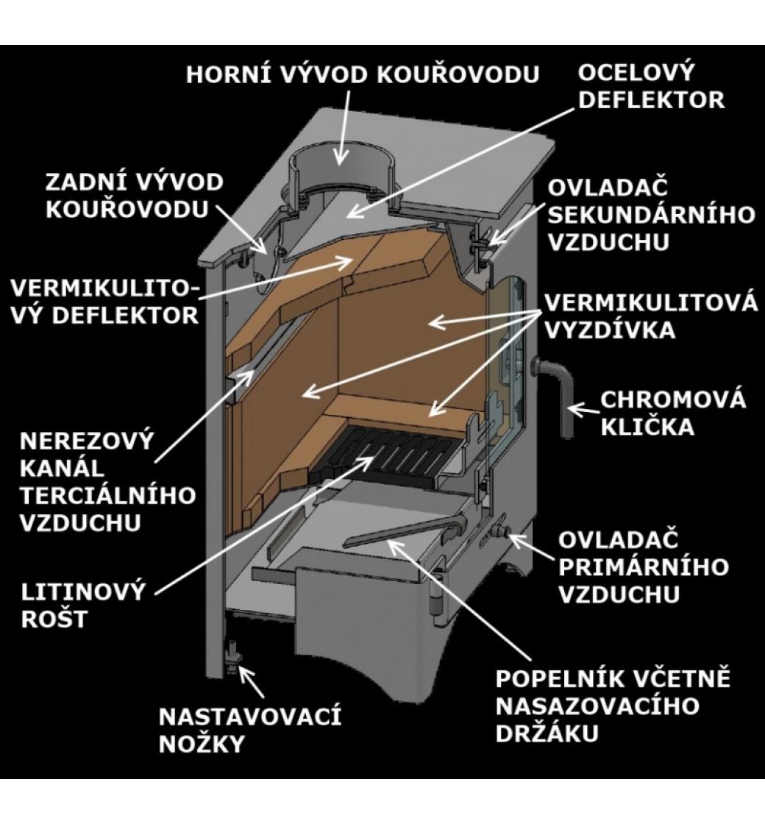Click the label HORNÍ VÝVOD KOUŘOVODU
(362, 75)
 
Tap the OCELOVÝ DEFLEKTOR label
(651, 86)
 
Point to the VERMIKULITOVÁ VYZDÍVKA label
(650, 316)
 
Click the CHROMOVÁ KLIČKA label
(673, 413)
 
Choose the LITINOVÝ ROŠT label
(82, 605)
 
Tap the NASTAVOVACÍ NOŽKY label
(250, 730)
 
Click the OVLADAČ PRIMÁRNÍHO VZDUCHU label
(643, 566)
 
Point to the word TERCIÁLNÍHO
(108, 494)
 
